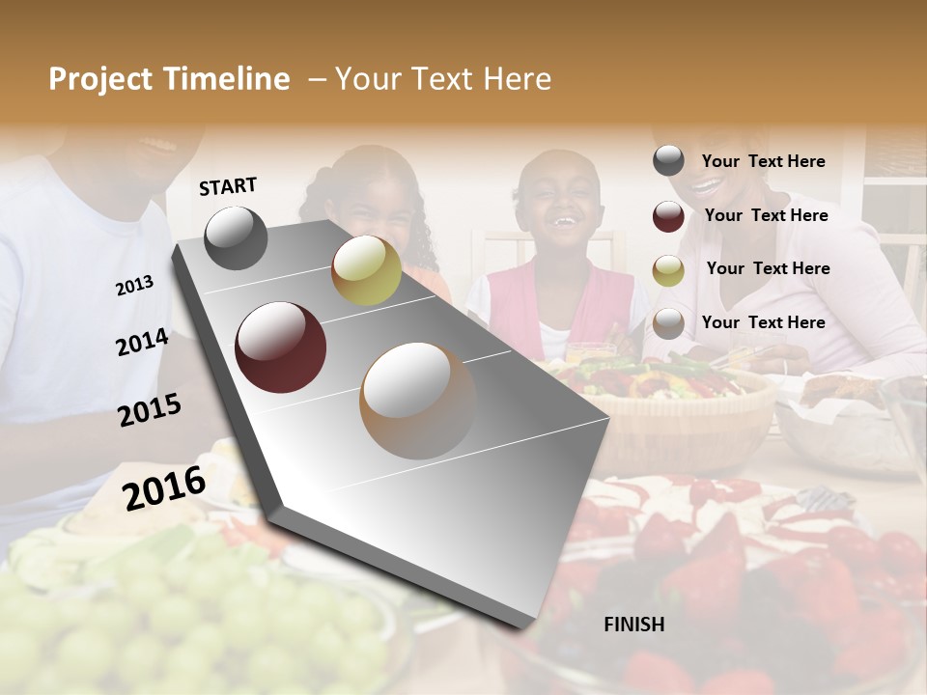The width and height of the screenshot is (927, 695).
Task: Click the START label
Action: point(228,186)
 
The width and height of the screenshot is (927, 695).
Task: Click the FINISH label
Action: point(633,625)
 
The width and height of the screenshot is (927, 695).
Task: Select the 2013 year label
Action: point(134,286)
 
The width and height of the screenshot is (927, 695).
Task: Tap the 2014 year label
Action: point(142,343)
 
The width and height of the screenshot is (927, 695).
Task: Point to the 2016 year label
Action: point(164,487)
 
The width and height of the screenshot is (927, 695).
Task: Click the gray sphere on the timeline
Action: point(236,237)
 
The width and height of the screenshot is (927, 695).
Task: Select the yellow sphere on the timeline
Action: point(366,270)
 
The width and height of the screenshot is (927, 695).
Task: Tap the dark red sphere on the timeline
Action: point(280,347)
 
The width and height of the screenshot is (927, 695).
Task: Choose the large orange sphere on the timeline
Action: point(418,401)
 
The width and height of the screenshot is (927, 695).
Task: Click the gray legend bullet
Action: point(668,160)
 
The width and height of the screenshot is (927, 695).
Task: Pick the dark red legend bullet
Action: point(668,215)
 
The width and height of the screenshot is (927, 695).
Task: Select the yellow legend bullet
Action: point(668,269)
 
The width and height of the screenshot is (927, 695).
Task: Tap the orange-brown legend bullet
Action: point(668,322)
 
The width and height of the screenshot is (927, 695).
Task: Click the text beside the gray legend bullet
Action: point(763,161)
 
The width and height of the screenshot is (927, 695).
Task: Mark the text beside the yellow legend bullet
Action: point(768,268)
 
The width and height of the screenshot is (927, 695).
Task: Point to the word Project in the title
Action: point(101,79)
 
